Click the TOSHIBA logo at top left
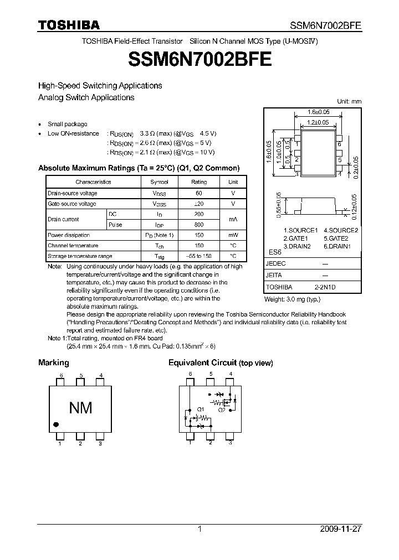point(69,25)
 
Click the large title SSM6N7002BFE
point(199,59)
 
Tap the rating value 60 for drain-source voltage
point(199,193)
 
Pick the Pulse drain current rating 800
point(199,225)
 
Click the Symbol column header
point(159,182)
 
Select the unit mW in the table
point(233,235)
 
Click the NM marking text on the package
point(80,408)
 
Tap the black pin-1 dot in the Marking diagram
point(55,424)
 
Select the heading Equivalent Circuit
point(221,363)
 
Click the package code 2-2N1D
point(325,288)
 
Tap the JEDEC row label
point(275,264)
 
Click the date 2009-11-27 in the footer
point(340,529)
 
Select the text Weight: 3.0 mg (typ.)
point(292,299)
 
